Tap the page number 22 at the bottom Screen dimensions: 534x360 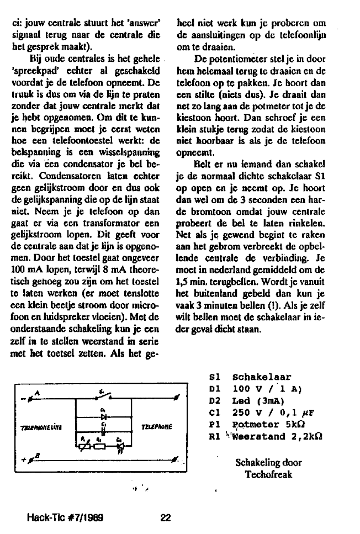click(166, 518)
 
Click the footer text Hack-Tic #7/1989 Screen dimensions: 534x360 click(66, 518)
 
